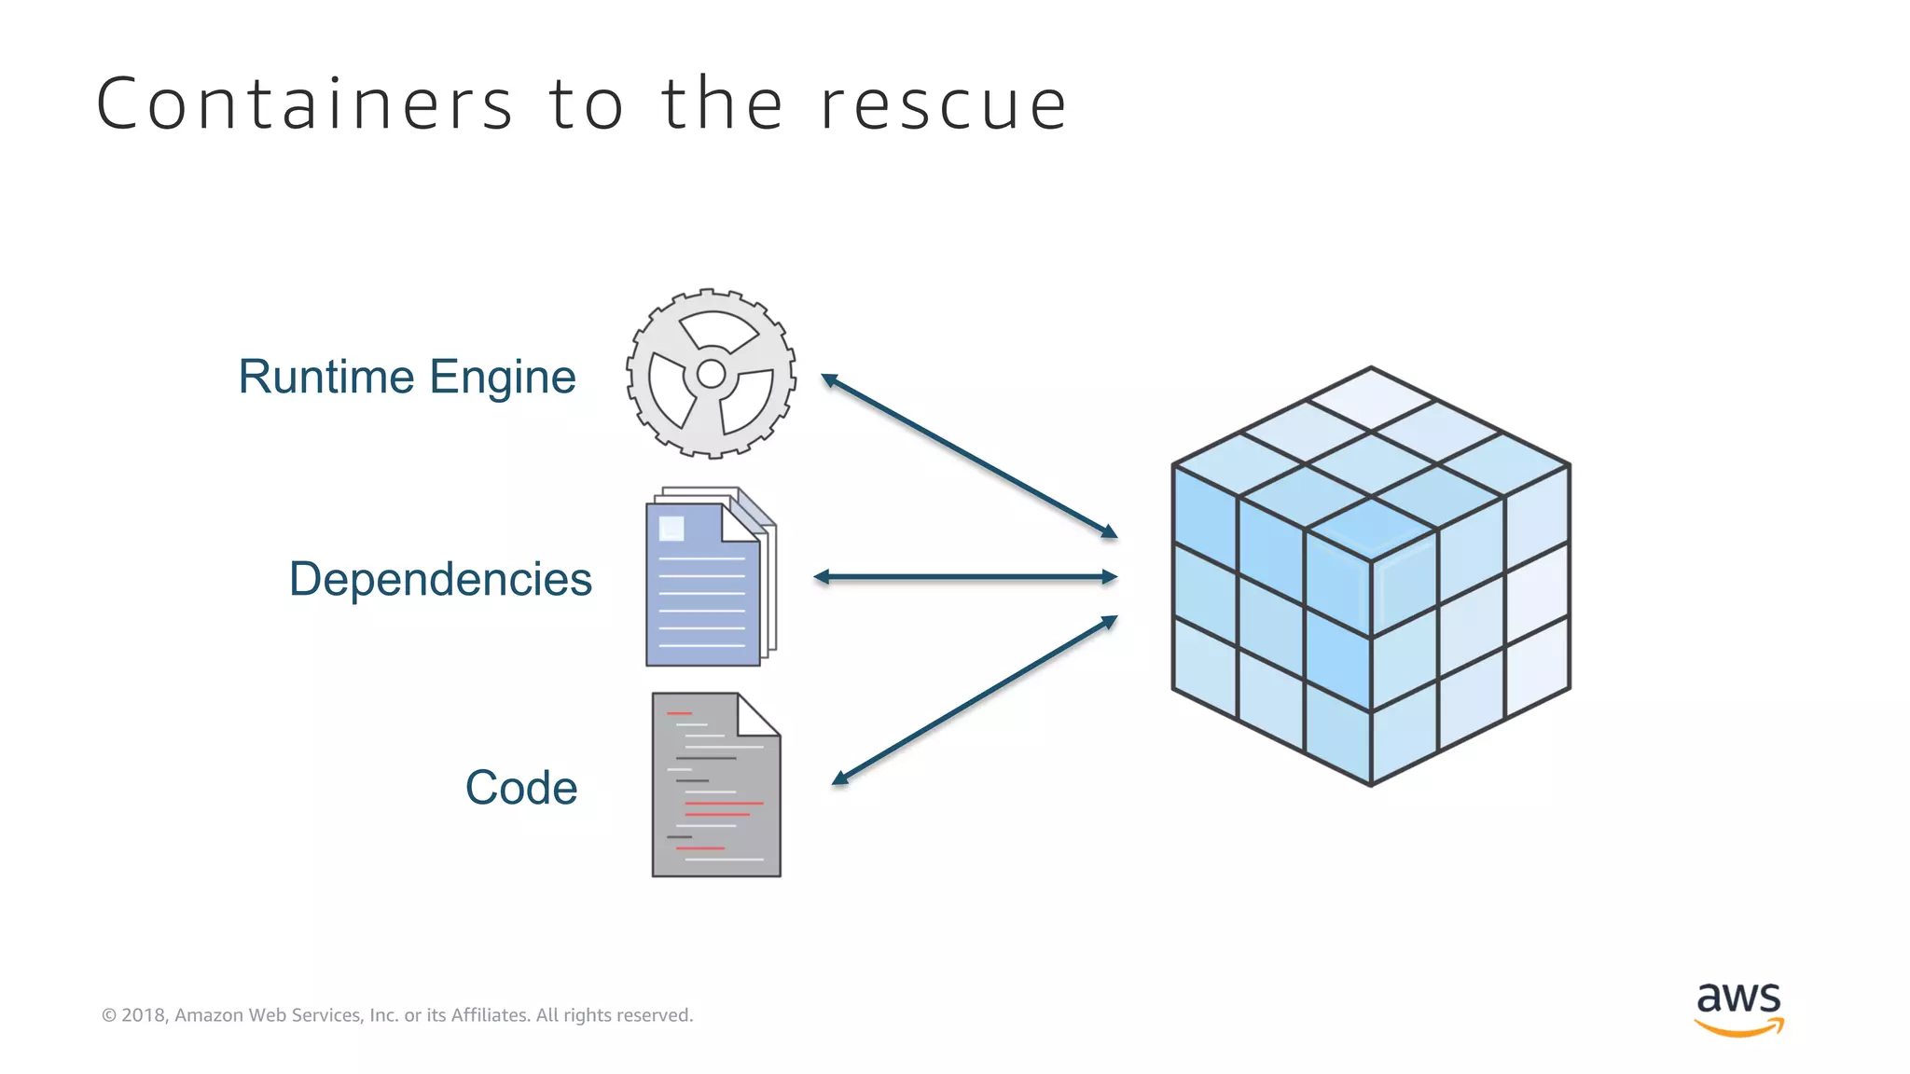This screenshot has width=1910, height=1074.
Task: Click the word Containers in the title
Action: [x=304, y=104]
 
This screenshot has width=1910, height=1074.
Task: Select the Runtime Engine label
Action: [x=407, y=377]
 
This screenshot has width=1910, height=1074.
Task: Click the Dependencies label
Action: [x=440, y=579]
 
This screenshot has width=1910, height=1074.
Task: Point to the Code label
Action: [x=521, y=788]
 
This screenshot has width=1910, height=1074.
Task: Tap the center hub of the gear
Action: [x=711, y=374]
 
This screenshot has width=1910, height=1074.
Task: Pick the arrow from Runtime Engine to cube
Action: [x=969, y=456]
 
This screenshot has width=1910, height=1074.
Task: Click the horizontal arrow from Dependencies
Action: [x=965, y=577]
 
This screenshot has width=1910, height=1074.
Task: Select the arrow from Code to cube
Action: [x=975, y=699]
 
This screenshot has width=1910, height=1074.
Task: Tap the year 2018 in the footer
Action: [x=144, y=1015]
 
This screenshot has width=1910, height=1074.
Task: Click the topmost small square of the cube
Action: [x=1371, y=399]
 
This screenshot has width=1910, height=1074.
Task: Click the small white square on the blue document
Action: [x=671, y=529]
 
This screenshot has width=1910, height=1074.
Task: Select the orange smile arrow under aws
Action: [x=1738, y=1028]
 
